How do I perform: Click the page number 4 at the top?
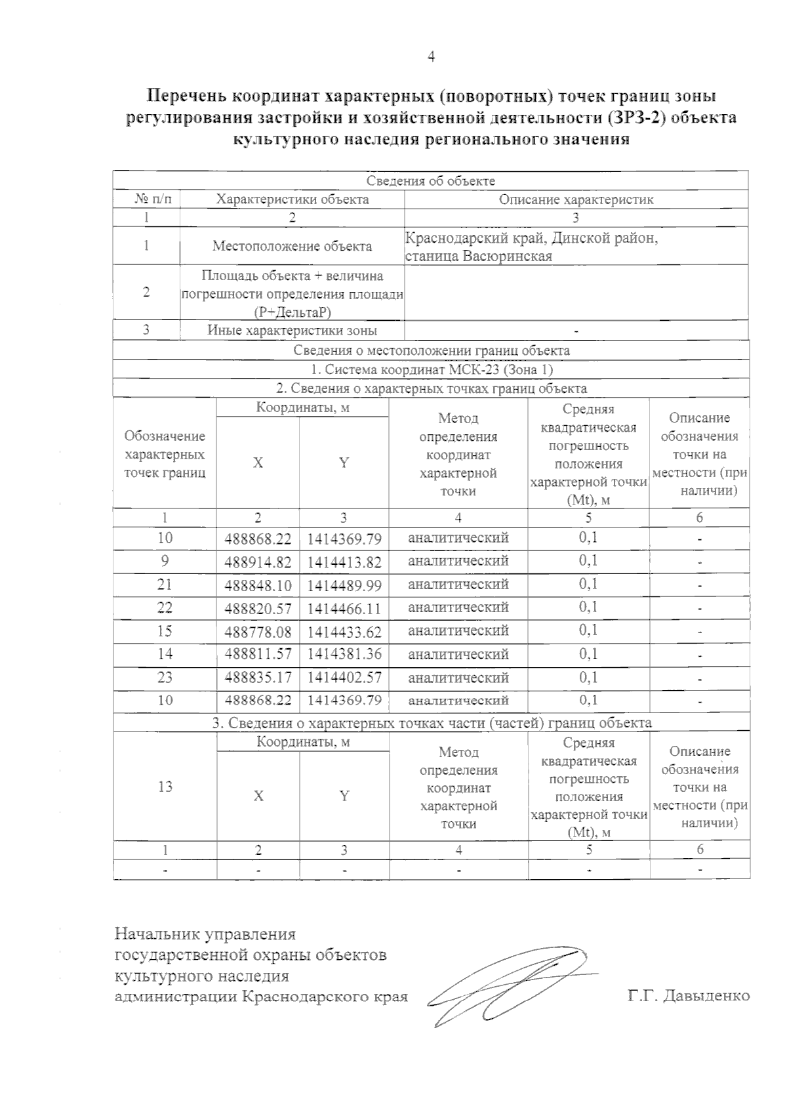pos(431,57)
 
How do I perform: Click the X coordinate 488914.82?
pos(258,562)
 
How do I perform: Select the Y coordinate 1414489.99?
pos(344,586)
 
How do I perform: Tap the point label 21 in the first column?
pos(165,585)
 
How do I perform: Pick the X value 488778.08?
pos(258,632)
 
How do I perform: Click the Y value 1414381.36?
pos(344,655)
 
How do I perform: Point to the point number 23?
pos(165,677)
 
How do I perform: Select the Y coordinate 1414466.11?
pos(344,609)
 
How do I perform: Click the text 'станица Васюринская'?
pos(479,256)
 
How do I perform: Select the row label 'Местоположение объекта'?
pos(292,246)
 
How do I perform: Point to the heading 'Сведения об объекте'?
pos(431,181)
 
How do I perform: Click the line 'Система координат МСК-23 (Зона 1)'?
pos(431,369)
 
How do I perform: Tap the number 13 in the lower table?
pos(165,786)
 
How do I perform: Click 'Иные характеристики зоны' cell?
pos(292,330)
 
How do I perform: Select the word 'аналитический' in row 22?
pos(458,608)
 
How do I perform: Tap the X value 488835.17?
pos(258,677)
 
